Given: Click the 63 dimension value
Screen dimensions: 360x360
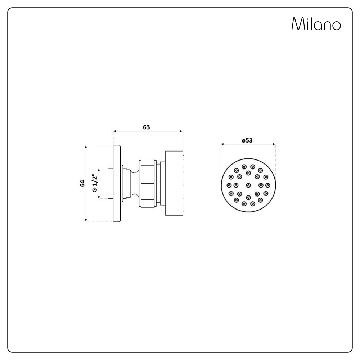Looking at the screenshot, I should [147, 127].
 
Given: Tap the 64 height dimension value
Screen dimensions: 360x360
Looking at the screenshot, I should [82, 183].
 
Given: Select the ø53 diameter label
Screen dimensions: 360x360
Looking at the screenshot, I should [247, 141].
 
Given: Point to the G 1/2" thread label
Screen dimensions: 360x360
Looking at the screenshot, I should [95, 183].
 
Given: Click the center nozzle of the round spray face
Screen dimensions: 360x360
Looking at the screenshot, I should [248, 185].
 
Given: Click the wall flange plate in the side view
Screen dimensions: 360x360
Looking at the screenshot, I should [117, 184].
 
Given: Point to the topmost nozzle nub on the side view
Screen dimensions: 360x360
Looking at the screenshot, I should [184, 157].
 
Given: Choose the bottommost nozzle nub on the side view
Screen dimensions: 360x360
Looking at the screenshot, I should [184, 209].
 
